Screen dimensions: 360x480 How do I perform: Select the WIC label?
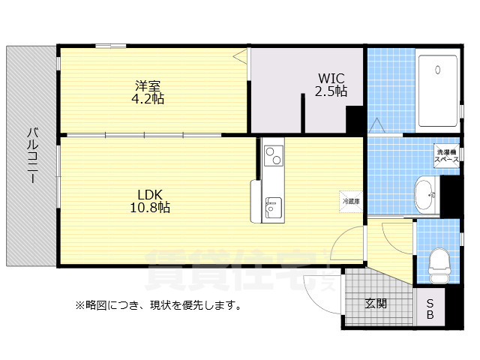pyautogui.click(x=331, y=78)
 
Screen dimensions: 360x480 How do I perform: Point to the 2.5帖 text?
pyautogui.click(x=331, y=91)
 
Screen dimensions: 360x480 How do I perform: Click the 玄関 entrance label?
pyautogui.click(x=376, y=304)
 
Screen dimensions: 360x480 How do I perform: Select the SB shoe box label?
pyautogui.click(x=430, y=308)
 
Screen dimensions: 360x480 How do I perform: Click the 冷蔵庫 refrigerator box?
pyautogui.click(x=351, y=201)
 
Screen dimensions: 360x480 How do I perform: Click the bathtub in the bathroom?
pyautogui.click(x=436, y=90)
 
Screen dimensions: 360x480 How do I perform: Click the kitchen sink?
pyautogui.click(x=272, y=204)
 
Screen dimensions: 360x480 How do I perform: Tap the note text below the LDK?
pyautogui.click(x=157, y=305)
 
